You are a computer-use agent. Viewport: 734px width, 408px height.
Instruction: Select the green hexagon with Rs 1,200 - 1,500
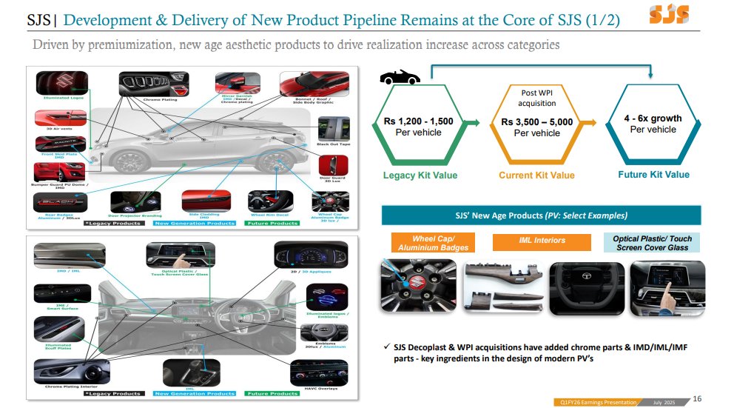[x=419, y=126]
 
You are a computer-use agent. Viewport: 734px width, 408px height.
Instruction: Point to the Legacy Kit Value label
[x=420, y=175]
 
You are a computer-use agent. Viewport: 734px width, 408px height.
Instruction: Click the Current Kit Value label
[x=536, y=175]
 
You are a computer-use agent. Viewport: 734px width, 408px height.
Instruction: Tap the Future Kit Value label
[x=653, y=175]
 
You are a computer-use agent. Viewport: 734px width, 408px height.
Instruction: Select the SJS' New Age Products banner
[x=541, y=215]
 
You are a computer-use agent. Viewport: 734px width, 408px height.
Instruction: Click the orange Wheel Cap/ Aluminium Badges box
[x=419, y=243]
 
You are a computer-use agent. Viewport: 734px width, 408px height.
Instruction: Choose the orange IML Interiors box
[x=543, y=241]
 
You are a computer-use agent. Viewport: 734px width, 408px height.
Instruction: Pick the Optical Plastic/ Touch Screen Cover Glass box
[x=652, y=243]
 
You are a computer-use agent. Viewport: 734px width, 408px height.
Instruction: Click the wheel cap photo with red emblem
[x=417, y=286]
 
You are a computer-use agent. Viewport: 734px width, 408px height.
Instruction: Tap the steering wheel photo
[x=590, y=286]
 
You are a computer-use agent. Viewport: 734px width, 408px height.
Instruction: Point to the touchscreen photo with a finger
[x=662, y=286]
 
